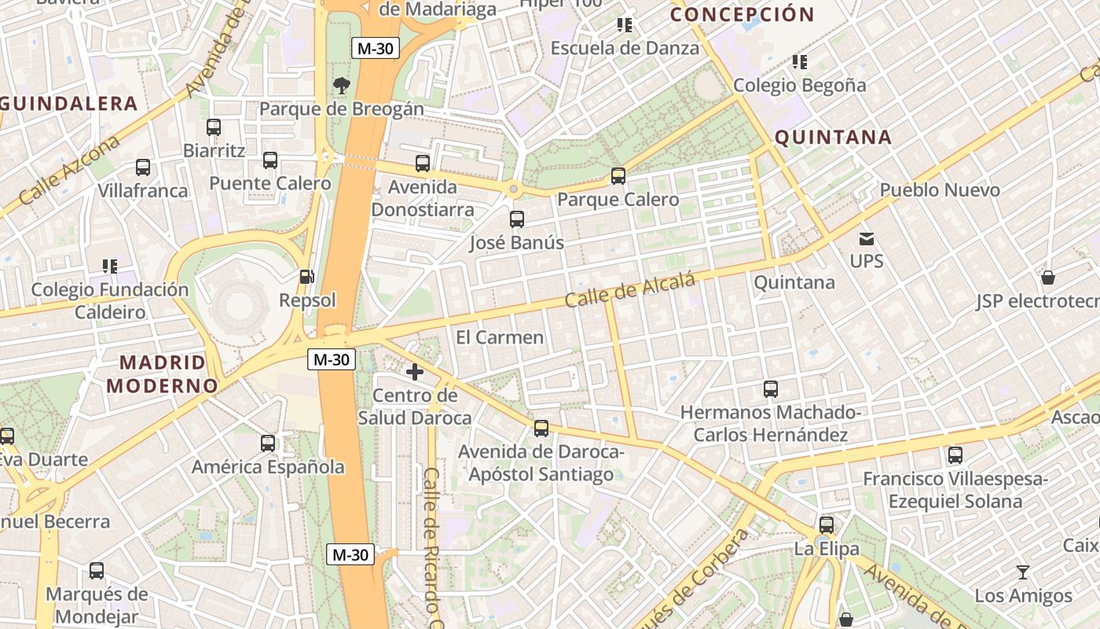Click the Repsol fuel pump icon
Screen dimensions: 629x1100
click(x=306, y=277)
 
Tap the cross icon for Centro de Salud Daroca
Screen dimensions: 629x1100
click(x=415, y=372)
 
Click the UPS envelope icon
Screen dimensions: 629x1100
click(x=867, y=238)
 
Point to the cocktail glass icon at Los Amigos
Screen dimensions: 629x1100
click(x=1022, y=572)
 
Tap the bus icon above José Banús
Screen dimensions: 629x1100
click(x=517, y=219)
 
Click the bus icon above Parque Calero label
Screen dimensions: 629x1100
click(x=618, y=176)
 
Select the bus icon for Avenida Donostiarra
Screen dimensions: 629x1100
click(x=423, y=164)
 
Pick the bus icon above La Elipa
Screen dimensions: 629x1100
click(x=827, y=525)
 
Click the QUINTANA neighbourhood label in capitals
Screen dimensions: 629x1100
click(x=833, y=138)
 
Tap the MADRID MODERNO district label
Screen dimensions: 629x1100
click(x=162, y=374)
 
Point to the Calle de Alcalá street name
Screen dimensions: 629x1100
click(x=631, y=290)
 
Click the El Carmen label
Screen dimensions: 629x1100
click(x=500, y=337)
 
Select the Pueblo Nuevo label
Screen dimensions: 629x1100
click(x=940, y=189)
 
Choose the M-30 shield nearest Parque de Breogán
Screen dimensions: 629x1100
click(x=375, y=49)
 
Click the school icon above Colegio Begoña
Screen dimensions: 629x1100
click(x=800, y=62)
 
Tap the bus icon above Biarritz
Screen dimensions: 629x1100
click(x=214, y=127)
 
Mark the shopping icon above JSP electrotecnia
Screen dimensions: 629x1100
click(x=1047, y=278)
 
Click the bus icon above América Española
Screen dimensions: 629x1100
click(x=268, y=443)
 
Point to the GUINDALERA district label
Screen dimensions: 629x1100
click(x=69, y=103)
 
